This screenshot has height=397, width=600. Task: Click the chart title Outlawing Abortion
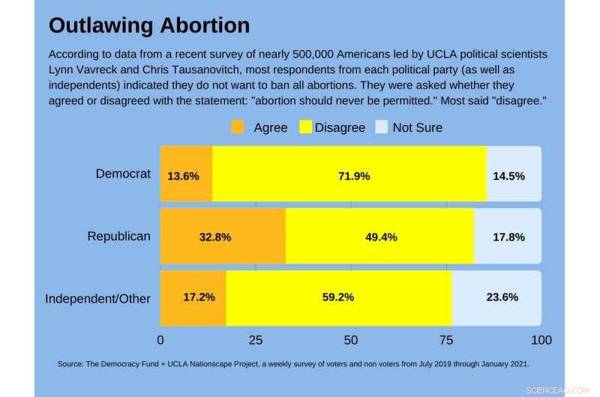click(149, 25)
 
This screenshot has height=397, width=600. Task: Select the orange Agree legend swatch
click(238, 127)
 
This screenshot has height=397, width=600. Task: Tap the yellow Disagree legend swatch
click(306, 127)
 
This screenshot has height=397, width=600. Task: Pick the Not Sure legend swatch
click(380, 127)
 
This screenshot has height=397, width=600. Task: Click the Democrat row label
click(123, 174)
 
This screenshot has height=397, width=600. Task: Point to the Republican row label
click(118, 236)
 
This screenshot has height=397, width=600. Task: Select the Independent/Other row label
click(97, 298)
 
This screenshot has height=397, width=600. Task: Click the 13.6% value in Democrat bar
click(183, 176)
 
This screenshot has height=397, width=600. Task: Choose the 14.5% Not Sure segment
click(508, 176)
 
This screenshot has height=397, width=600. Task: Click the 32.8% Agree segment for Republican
click(214, 237)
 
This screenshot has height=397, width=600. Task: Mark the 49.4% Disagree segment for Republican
click(381, 237)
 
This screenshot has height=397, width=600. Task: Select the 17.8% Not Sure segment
click(508, 237)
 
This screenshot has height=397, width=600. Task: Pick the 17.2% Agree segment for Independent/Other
click(199, 297)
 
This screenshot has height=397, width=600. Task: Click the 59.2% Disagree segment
click(337, 297)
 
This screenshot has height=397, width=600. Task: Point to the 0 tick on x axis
click(160, 340)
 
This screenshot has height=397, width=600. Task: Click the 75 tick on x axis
click(446, 340)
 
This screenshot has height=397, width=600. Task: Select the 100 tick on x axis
click(541, 340)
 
